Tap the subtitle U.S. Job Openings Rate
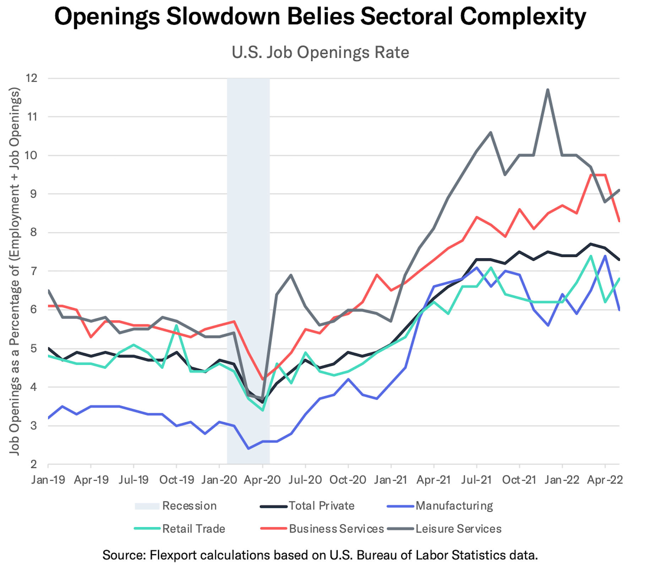point(320,53)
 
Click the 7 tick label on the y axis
point(34,271)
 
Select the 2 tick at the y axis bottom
point(34,464)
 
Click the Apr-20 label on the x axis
point(262,480)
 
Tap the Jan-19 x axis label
point(48,480)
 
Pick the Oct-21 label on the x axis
point(519,480)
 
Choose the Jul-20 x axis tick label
point(305,480)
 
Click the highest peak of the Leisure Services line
point(548,89)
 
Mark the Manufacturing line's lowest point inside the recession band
point(248,449)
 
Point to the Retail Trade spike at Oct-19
point(176,325)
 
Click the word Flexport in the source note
point(171,555)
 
